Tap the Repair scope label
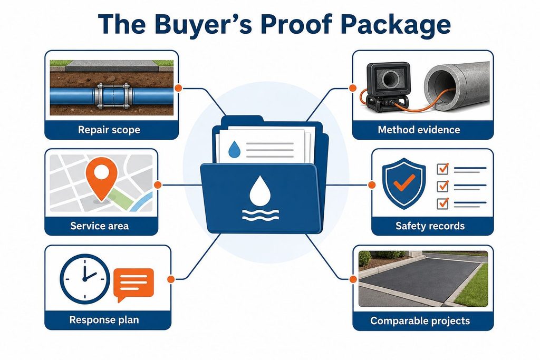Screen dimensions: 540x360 pyautogui.click(x=109, y=130)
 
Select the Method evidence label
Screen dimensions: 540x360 pyautogui.click(x=419, y=130)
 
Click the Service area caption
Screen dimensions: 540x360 pyautogui.click(x=100, y=226)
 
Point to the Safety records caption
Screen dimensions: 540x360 pyautogui.click(x=430, y=226)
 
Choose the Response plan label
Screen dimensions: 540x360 pyautogui.click(x=104, y=320)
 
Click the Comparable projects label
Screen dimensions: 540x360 pyautogui.click(x=420, y=321)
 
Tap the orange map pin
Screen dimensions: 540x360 pyautogui.click(x=101, y=179)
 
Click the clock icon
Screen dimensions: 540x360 pyautogui.click(x=85, y=279)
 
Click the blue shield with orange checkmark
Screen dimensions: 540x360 pyautogui.click(x=403, y=183)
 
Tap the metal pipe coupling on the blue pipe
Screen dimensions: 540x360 pyautogui.click(x=113, y=96)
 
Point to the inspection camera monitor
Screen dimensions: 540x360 pyautogui.click(x=389, y=80)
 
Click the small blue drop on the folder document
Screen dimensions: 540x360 pyautogui.click(x=235, y=149)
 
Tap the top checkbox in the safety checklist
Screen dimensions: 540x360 pyautogui.click(x=442, y=169)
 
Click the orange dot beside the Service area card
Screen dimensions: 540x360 pyautogui.click(x=158, y=185)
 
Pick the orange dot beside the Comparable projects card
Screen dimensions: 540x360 pyautogui.click(x=353, y=279)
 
